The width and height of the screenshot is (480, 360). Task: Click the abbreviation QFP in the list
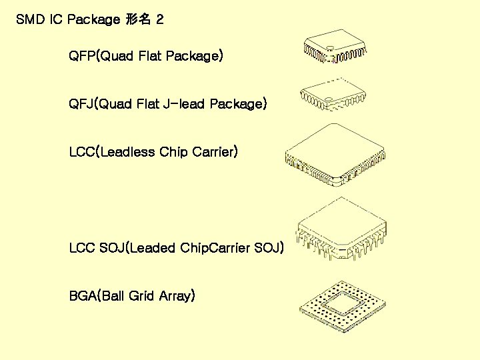tap(83, 56)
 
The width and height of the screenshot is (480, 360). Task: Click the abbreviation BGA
tap(83, 295)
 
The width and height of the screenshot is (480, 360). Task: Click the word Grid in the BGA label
tap(141, 295)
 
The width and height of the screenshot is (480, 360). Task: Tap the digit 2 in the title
tap(159, 19)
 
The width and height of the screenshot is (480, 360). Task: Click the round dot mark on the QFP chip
tap(328, 47)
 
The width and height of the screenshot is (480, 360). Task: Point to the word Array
tap(175, 296)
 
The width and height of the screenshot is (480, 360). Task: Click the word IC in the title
tap(56, 19)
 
